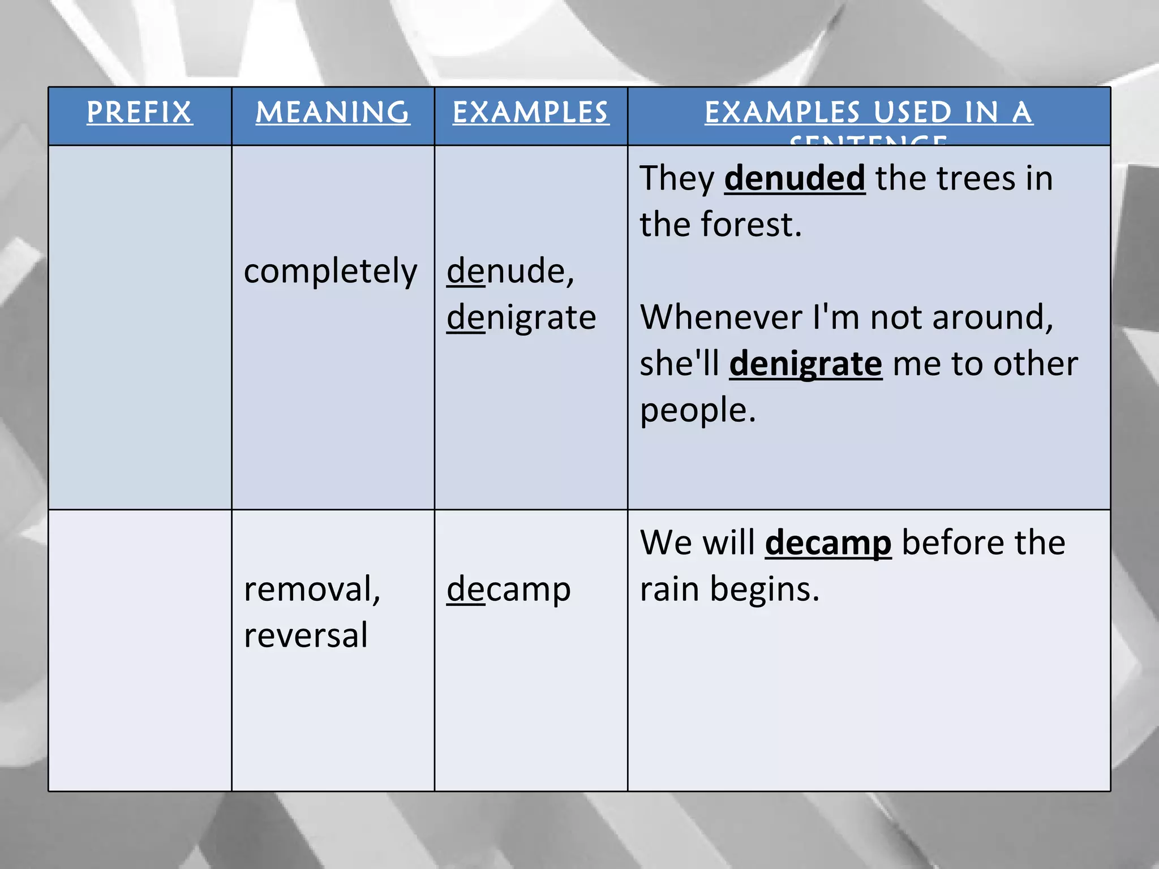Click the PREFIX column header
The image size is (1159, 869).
pyautogui.click(x=140, y=112)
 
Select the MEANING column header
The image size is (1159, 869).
pyautogui.click(x=333, y=112)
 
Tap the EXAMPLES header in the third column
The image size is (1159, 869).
pyautogui.click(x=531, y=112)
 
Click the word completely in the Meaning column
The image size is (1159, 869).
pyautogui.click(x=330, y=272)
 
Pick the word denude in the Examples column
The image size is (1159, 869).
pyautogui.click(x=506, y=271)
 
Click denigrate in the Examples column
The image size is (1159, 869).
pyautogui.click(x=521, y=317)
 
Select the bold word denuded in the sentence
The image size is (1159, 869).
pyautogui.click(x=795, y=179)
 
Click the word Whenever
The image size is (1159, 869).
pyautogui.click(x=720, y=317)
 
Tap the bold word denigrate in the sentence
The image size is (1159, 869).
pyautogui.click(x=805, y=364)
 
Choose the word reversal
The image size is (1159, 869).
pyautogui.click(x=306, y=635)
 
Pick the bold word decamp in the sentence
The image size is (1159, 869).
pyautogui.click(x=828, y=543)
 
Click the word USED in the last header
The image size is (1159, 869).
pyautogui.click(x=913, y=112)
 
